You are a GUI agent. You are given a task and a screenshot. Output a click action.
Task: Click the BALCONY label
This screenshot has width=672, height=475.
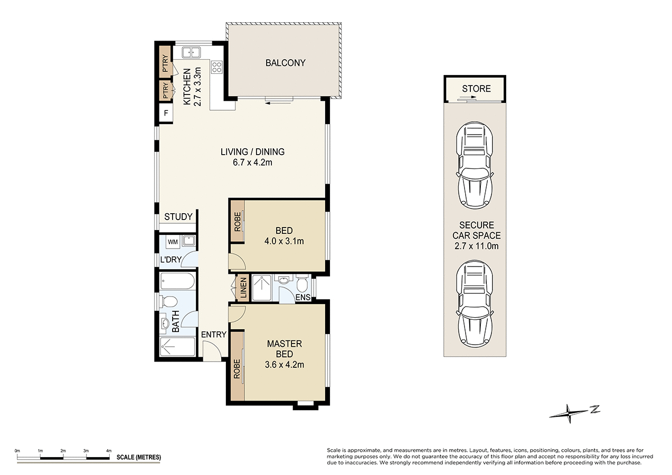click(x=285, y=63)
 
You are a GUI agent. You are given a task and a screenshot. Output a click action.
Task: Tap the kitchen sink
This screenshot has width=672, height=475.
click(x=191, y=52)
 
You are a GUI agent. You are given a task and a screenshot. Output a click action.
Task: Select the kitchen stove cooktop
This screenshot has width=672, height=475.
click(x=216, y=67)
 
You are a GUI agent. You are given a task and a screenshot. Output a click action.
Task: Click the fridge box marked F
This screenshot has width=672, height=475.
click(x=166, y=113)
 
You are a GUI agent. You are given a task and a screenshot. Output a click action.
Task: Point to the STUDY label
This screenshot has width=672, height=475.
click(x=178, y=217)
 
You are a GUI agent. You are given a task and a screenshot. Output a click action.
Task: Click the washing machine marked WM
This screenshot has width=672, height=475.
click(x=173, y=242)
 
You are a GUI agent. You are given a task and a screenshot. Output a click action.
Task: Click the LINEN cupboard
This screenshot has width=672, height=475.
click(x=243, y=288)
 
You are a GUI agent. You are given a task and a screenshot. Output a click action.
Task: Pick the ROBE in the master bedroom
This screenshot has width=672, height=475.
click(x=236, y=365)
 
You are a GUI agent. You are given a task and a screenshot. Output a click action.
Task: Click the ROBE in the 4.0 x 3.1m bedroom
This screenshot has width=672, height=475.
click(x=237, y=221)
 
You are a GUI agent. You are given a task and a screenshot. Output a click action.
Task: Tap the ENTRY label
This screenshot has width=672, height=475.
click(x=213, y=335)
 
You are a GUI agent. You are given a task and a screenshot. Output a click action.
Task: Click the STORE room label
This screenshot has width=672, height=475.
click(x=476, y=89)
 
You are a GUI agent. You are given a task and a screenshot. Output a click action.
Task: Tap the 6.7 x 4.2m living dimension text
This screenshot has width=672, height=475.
click(x=252, y=163)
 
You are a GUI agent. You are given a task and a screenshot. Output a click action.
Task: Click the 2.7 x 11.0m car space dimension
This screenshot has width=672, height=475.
click(x=476, y=245)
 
